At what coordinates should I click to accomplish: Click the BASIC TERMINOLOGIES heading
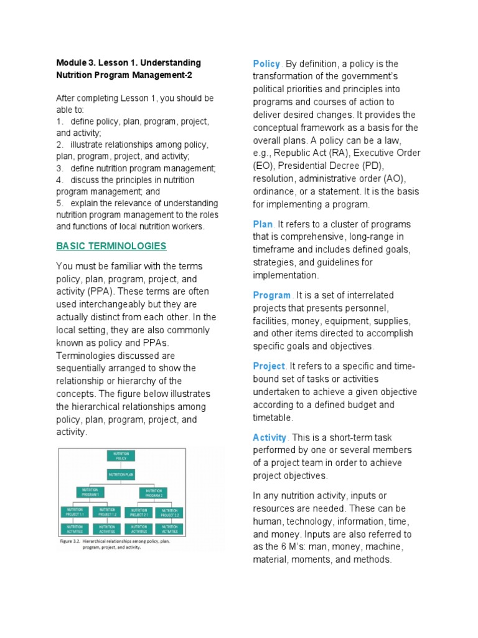click(111, 245)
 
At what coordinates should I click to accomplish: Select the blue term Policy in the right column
click(266, 64)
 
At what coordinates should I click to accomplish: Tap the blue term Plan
click(263, 224)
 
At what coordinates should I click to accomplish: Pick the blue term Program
click(272, 295)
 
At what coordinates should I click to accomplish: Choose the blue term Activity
click(269, 437)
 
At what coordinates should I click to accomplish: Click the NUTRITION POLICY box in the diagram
click(122, 456)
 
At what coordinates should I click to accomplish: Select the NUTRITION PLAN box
click(122, 475)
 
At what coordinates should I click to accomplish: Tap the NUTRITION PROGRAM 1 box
click(91, 493)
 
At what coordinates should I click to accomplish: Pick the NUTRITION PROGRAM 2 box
click(154, 493)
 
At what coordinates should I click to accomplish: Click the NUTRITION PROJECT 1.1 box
click(75, 512)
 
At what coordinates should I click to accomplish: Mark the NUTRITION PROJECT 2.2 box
click(170, 512)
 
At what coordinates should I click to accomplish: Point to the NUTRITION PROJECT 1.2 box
click(106, 512)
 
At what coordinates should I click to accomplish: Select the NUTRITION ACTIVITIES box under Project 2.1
click(138, 530)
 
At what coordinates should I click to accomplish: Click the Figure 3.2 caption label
click(71, 542)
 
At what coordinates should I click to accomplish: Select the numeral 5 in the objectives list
click(59, 203)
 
